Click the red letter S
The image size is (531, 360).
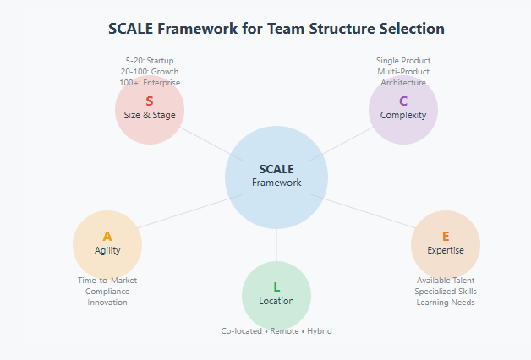coord(150,101)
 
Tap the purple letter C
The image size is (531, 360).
coord(403,101)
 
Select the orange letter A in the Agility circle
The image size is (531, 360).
coord(107,237)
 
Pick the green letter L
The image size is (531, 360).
coord(276,287)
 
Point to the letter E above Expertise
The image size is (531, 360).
coord(446,237)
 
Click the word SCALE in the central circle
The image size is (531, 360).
coord(276,169)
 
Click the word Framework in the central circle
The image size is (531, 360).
coord(276,183)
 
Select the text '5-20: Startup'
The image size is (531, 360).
coord(150,61)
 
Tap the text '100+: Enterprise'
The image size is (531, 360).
coord(150,83)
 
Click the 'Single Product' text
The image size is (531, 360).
coord(403,61)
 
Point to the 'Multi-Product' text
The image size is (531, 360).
coord(403,72)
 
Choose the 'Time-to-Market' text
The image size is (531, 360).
coord(107,281)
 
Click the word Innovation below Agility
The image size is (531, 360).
coord(107,303)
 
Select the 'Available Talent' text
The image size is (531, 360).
coord(446,281)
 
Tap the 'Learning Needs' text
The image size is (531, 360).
coord(446,303)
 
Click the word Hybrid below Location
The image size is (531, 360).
coord(320,331)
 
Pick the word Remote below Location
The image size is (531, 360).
coord(284,331)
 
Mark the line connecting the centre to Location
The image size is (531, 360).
coord(276,245)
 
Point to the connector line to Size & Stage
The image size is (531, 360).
coord(211,144)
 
